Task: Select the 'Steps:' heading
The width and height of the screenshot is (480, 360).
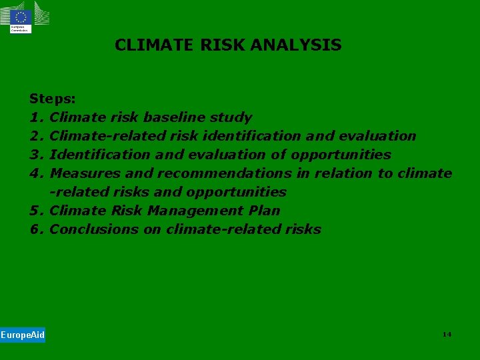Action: coord(53,99)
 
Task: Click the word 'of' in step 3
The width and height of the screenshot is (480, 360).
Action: coord(280,155)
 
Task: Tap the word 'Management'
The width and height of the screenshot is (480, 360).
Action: coord(195,211)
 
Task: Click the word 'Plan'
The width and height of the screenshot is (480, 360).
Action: coord(264,211)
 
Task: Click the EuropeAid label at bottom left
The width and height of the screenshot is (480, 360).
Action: coord(23,335)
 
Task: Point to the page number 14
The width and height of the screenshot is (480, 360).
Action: coord(447,334)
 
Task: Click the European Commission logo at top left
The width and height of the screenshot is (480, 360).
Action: coord(21,17)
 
